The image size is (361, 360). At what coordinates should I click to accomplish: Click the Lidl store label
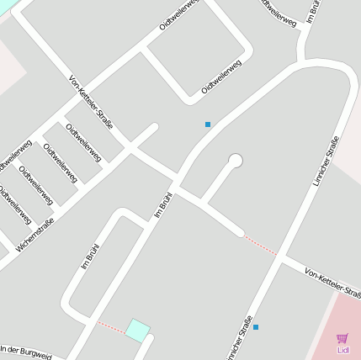(342, 350)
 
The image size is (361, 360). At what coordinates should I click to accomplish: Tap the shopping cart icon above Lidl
(342, 338)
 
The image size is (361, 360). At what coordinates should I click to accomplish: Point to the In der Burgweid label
(25, 352)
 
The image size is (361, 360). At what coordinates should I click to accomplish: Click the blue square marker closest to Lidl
(256, 327)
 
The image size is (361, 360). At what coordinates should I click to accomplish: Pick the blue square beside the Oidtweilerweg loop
(208, 124)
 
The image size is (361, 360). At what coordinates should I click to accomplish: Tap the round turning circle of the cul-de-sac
(236, 161)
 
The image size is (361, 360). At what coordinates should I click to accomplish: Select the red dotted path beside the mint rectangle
(111, 326)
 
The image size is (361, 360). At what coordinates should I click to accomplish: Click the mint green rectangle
(138, 331)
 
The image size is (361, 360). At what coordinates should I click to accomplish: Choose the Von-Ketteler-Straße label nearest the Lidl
(333, 283)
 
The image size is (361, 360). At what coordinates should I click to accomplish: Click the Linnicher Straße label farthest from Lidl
(326, 160)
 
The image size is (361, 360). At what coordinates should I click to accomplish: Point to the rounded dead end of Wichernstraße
(154, 128)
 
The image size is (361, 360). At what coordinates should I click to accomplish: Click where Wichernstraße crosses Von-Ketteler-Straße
(129, 149)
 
